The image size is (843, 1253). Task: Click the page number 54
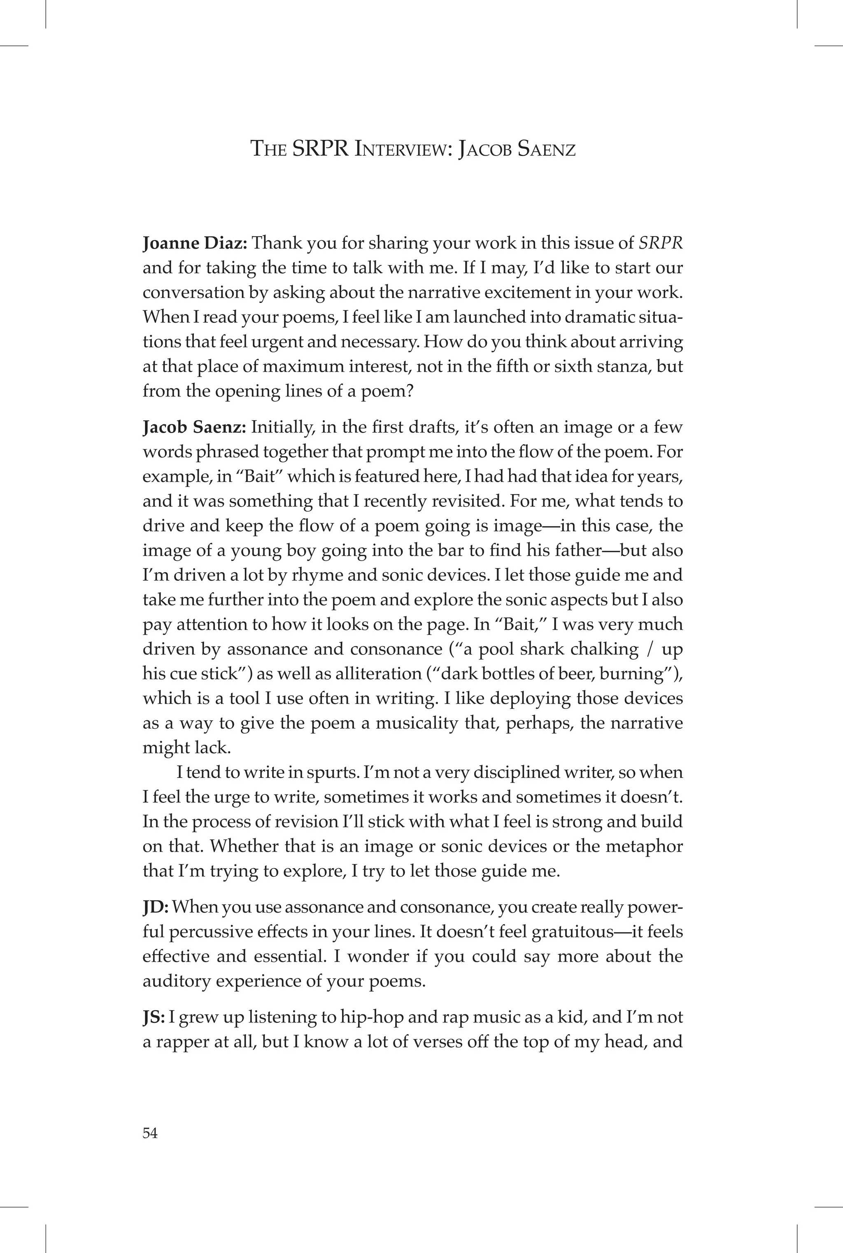pos(150,1133)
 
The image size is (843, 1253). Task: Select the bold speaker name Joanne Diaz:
pos(195,244)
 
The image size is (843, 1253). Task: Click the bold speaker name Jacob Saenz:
pos(194,427)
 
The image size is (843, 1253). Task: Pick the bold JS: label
pos(154,1018)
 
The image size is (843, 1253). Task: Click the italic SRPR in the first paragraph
pos(660,244)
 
